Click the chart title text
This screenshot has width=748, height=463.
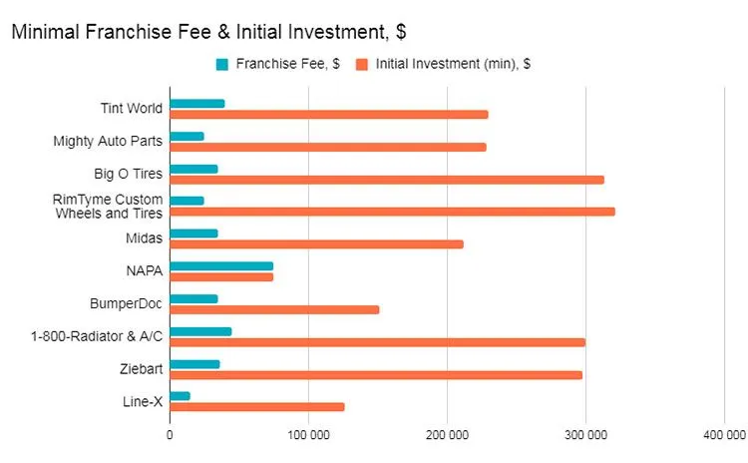click(207, 31)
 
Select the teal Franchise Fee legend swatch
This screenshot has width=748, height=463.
click(222, 65)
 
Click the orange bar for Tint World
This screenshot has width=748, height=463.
click(329, 114)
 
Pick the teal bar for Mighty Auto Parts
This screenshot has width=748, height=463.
click(187, 136)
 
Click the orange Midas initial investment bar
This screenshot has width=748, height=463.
click(316, 243)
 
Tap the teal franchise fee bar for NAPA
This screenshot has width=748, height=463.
click(221, 266)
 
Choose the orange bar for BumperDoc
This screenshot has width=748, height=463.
click(274, 309)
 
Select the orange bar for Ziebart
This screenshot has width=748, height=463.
click(376, 375)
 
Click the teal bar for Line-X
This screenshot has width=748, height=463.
click(180, 396)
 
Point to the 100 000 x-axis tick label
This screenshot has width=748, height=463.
click(308, 435)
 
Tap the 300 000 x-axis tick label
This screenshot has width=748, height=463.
click(585, 435)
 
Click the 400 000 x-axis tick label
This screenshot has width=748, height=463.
click(723, 435)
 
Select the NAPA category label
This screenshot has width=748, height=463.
click(144, 270)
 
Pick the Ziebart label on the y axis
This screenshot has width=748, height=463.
click(141, 368)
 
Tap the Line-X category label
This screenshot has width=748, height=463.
click(142, 401)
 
